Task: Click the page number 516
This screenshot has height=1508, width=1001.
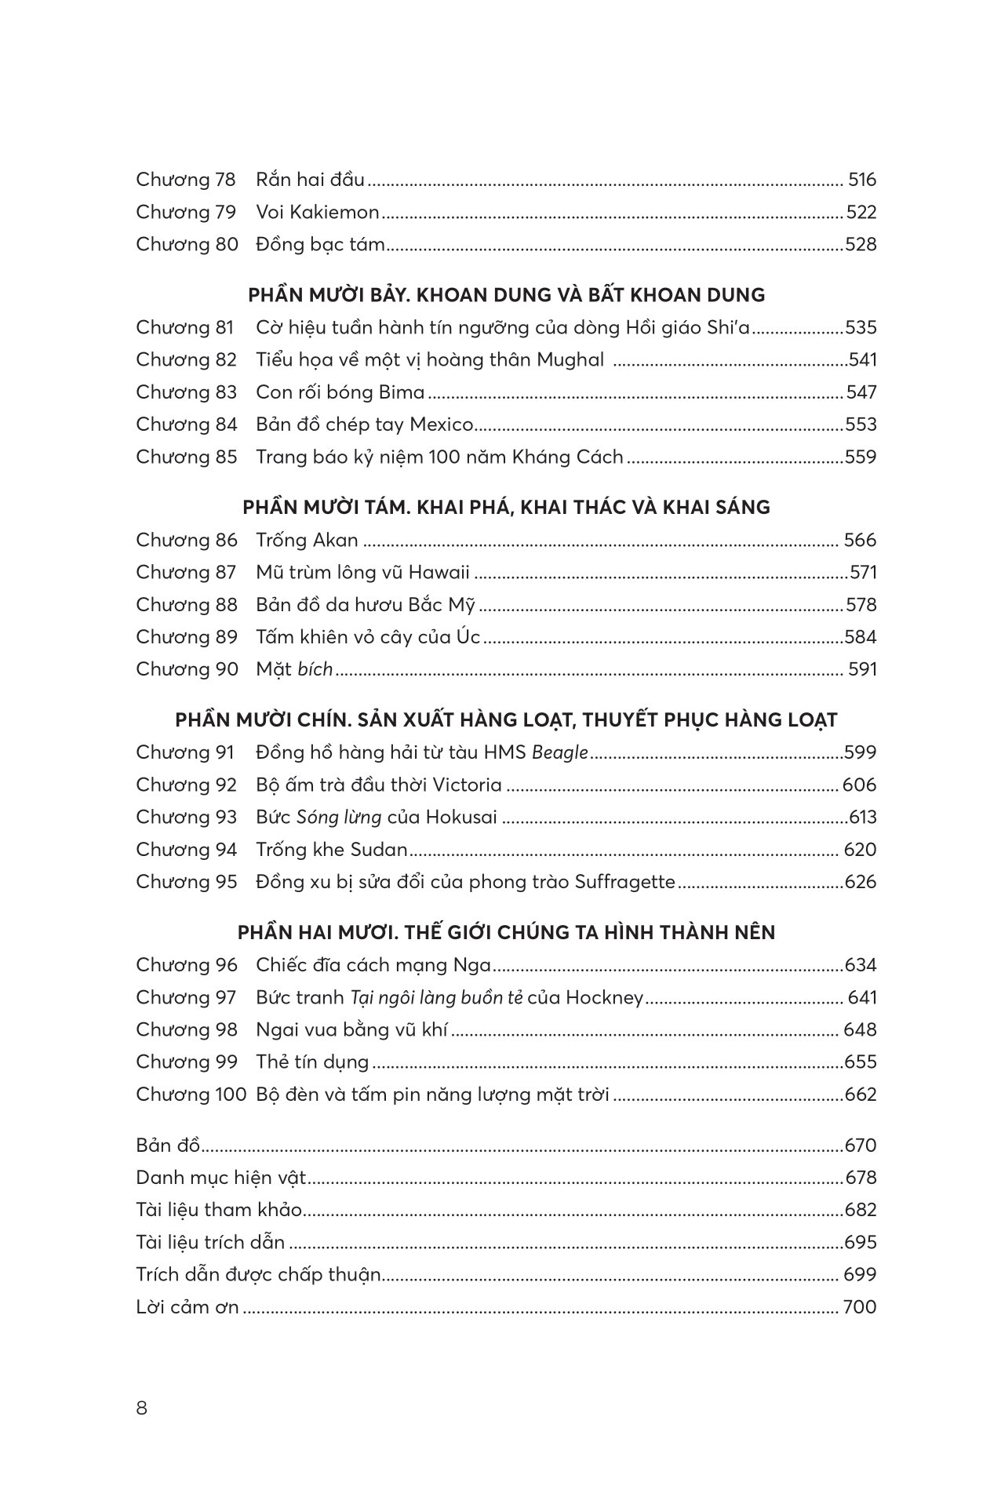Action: pyautogui.click(x=861, y=180)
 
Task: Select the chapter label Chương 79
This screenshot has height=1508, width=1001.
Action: pyautogui.click(x=185, y=212)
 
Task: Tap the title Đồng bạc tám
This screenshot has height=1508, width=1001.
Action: pyautogui.click(x=320, y=244)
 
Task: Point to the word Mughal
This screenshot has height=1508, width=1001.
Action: pyautogui.click(x=570, y=359)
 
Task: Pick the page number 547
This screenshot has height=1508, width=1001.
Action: pyautogui.click(x=861, y=392)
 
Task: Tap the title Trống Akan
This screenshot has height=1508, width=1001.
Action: pyautogui.click(x=307, y=540)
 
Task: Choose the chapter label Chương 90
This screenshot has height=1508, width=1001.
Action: pyautogui.click(x=186, y=669)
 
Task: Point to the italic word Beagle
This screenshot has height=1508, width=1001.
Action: pyautogui.click(x=559, y=752)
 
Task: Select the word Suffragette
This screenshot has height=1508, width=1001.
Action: pyautogui.click(x=624, y=882)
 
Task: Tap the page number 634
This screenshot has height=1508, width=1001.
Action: pyautogui.click(x=861, y=965)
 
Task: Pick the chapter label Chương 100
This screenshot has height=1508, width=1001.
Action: pyautogui.click(x=191, y=1094)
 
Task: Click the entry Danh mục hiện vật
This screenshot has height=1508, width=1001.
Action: pyautogui.click(x=220, y=1178)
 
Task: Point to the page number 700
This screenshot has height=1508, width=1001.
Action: pyautogui.click(x=859, y=1307)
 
